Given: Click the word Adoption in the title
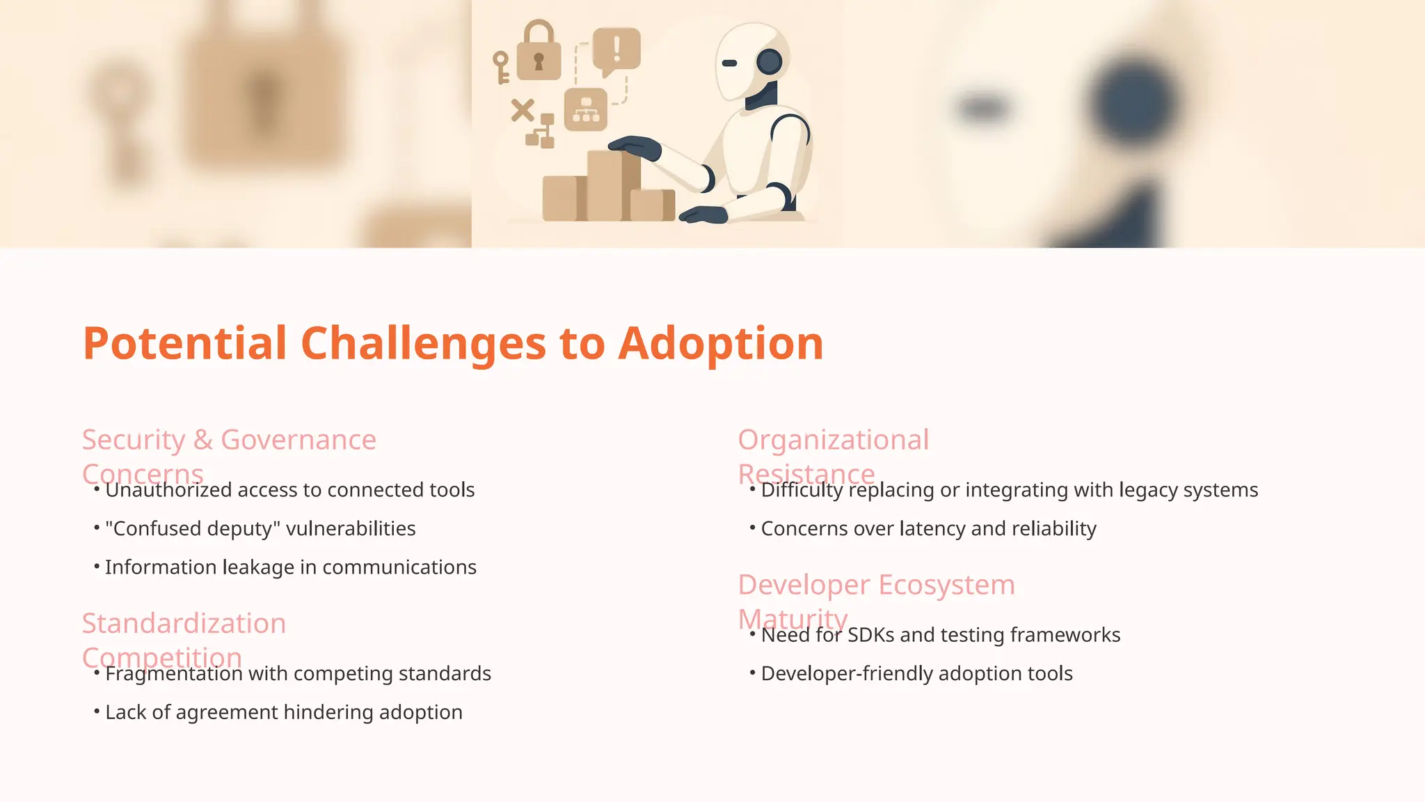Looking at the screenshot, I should pos(720,343).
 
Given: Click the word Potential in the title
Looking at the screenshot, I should pos(184,343).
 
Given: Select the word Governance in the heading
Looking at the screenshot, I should pos(298,440).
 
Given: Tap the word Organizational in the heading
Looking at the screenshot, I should pos(833,440).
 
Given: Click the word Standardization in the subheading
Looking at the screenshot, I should pos(184,624).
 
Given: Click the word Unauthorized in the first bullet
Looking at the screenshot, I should pos(168,490).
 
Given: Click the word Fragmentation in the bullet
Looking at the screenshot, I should pos(174,674).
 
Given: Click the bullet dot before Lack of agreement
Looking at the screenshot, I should pos(97,711).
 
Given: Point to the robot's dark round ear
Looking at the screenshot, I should pos(770,62).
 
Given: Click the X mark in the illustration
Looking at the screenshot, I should pos(522,110).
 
